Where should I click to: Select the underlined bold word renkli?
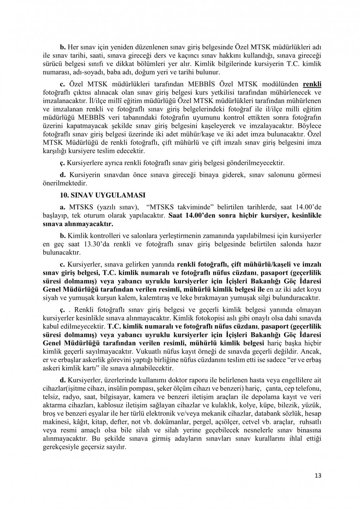click(x=312, y=84)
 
